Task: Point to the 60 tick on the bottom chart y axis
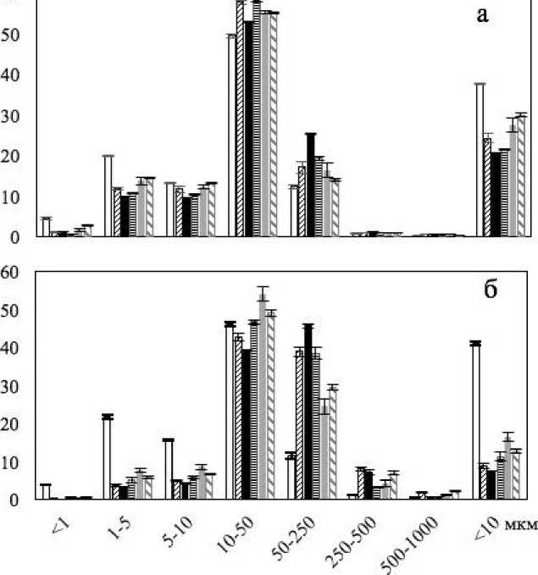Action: coord(9,273)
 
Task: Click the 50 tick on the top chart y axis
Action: coord(9,35)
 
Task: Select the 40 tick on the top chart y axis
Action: coord(9,75)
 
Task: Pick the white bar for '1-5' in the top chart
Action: coord(108,196)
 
